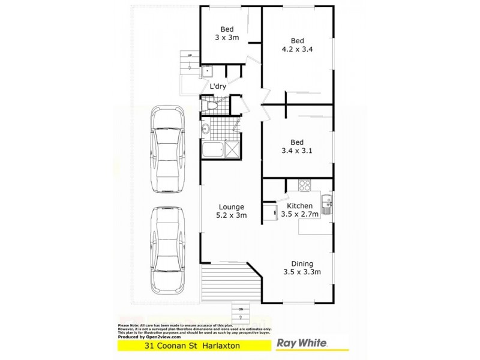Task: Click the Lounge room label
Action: tap(231, 210)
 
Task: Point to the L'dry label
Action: tap(217, 86)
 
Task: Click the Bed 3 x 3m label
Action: tap(227, 33)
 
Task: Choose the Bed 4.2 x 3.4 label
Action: tap(298, 46)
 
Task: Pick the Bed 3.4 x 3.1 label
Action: tap(297, 147)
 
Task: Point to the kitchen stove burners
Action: tap(304, 185)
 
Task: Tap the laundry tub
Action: tap(208, 72)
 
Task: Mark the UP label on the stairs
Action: tap(190, 56)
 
